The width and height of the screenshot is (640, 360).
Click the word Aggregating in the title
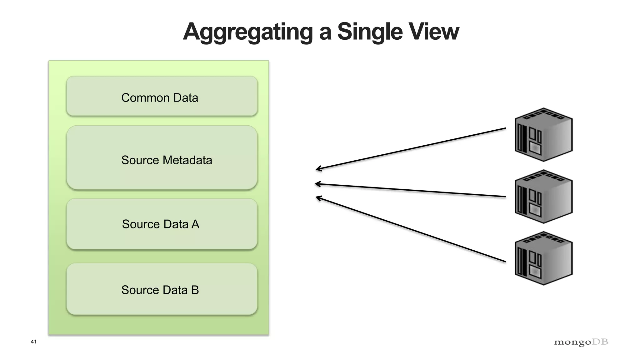point(248,32)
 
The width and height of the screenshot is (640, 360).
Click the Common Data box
point(162,96)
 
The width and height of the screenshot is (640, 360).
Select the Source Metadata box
point(162,157)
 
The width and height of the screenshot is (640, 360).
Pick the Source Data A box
point(162,224)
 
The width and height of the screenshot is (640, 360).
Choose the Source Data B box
point(162,289)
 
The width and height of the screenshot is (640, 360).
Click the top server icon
point(543,135)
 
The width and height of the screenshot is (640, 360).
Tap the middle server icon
point(543,197)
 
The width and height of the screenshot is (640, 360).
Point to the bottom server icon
point(543,258)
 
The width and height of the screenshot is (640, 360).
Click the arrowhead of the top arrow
point(318,169)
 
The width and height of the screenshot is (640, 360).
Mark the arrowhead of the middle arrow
point(317,184)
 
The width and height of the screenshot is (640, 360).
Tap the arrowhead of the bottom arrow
point(318,197)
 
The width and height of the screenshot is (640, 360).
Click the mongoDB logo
point(581,342)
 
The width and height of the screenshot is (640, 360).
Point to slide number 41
point(33,342)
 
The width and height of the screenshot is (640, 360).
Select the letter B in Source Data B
point(195,290)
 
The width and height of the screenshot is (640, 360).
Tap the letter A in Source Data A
point(195,224)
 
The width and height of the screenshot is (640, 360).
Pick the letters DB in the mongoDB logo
point(600,342)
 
